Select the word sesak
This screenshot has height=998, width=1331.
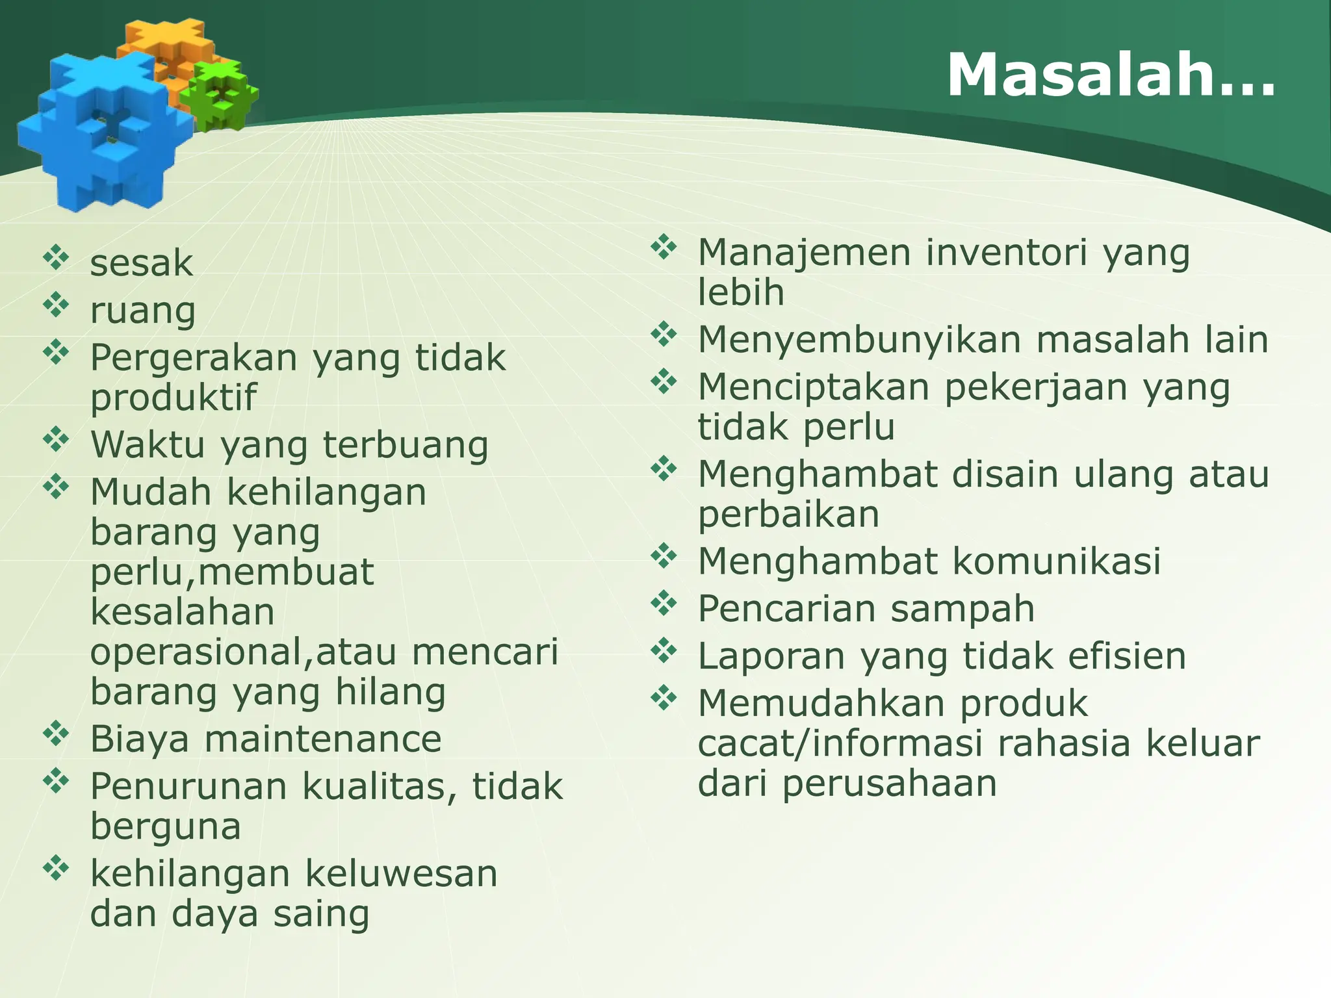(x=141, y=263)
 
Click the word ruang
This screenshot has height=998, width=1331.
(x=142, y=311)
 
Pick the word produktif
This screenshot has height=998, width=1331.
(x=173, y=397)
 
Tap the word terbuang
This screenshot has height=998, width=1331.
(x=405, y=445)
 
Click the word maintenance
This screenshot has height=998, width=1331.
(x=323, y=739)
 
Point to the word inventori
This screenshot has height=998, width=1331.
(x=1006, y=252)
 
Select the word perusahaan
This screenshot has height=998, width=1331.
(x=889, y=783)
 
